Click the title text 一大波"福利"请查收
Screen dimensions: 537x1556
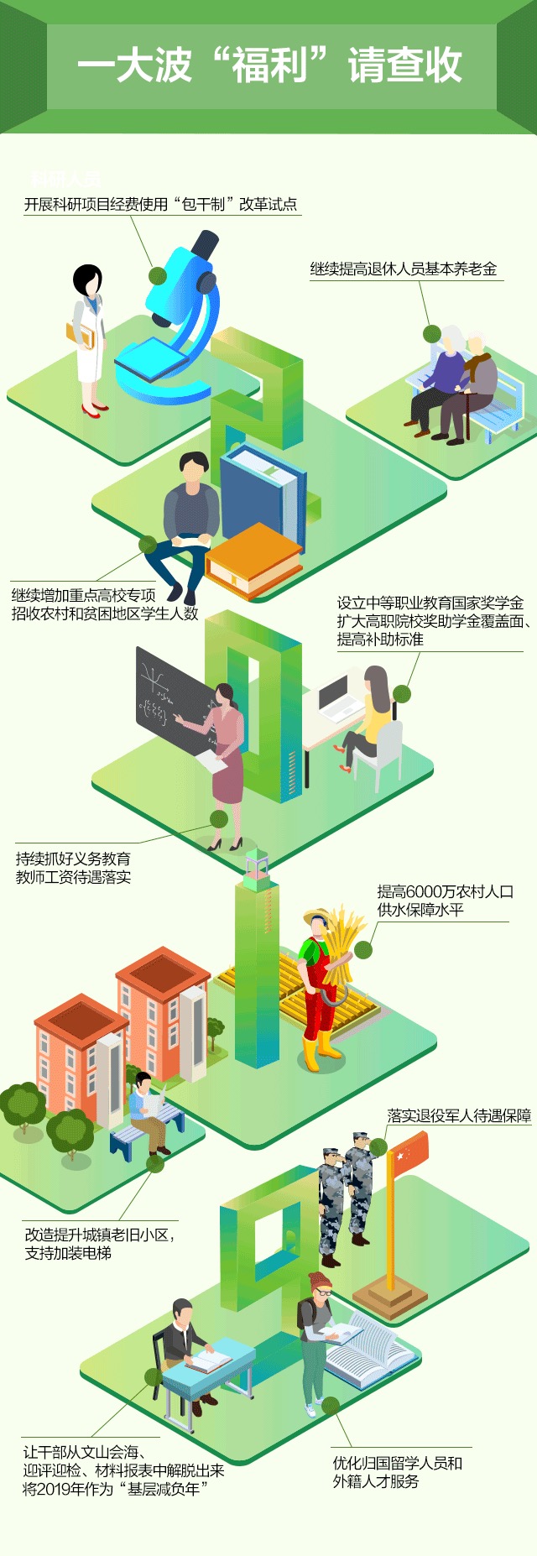268,65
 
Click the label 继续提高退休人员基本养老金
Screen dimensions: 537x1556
404,269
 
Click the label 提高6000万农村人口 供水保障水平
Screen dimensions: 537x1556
444,901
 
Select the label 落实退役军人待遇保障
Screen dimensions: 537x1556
458,1115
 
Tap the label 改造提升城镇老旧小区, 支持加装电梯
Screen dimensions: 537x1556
99,1244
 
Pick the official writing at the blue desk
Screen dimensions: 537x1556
185,1343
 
